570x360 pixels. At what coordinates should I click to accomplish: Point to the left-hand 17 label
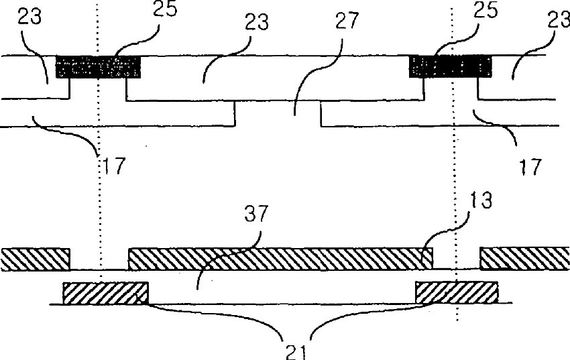113,165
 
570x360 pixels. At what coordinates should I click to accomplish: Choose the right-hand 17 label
531,166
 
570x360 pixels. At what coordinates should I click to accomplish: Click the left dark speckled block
99,68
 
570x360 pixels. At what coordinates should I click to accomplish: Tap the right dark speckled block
451,67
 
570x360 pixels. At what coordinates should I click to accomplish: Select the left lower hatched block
105,293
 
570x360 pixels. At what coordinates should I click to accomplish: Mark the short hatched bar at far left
35,258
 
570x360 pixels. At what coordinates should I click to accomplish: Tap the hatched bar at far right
524,258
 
